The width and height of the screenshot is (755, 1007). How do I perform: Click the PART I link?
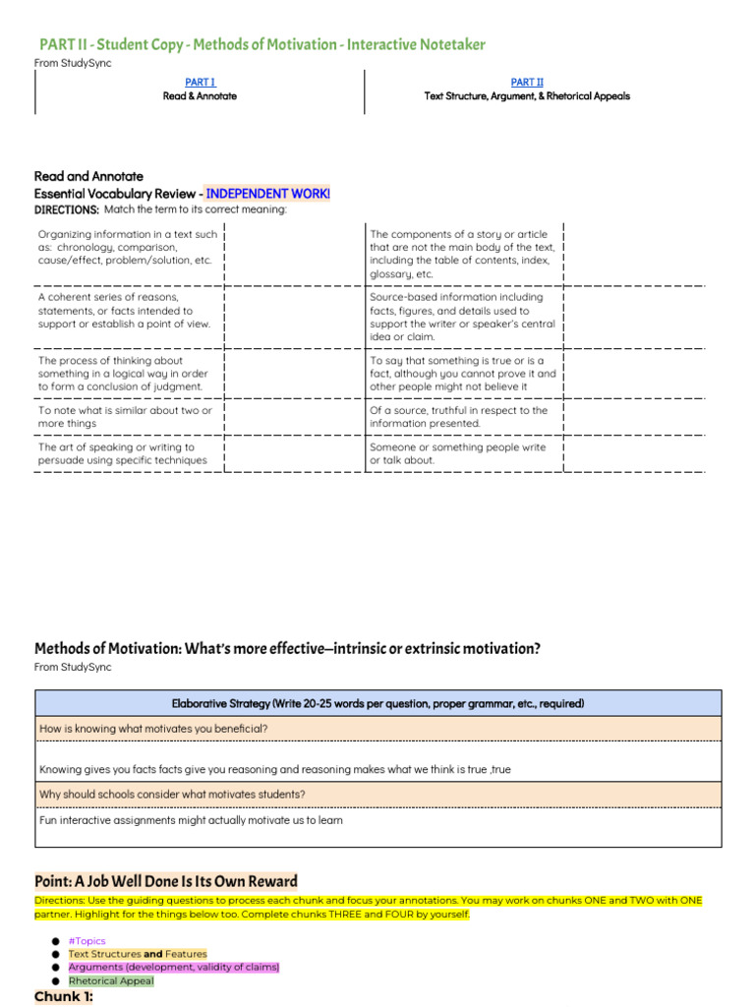click(x=200, y=83)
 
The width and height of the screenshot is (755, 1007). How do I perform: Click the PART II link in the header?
click(x=527, y=83)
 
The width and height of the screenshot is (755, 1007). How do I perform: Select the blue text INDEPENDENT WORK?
click(x=267, y=194)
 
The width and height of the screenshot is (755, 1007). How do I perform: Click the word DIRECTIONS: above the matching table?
click(x=66, y=209)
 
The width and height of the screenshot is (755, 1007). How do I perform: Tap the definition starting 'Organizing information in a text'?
click(x=128, y=248)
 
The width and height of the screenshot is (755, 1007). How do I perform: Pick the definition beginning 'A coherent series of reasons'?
click(x=124, y=310)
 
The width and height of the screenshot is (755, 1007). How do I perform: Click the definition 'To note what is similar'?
click(x=124, y=417)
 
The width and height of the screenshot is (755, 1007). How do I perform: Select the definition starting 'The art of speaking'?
click(x=123, y=453)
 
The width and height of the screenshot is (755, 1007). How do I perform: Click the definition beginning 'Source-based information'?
click(x=462, y=317)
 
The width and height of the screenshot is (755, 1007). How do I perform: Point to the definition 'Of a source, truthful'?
click(x=458, y=417)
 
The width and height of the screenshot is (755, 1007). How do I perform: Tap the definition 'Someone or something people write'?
click(x=457, y=453)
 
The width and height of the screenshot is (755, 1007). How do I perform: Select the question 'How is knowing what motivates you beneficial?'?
click(x=153, y=729)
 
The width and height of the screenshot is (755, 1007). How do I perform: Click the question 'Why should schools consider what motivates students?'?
click(x=172, y=794)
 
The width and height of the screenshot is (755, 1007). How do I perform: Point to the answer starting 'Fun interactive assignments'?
click(x=191, y=820)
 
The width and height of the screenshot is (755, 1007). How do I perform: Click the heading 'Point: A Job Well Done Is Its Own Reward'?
click(x=166, y=881)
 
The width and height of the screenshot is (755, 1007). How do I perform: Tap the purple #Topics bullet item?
click(x=87, y=941)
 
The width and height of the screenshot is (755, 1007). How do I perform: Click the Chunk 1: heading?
click(x=64, y=997)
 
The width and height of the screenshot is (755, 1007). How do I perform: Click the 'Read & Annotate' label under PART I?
click(x=200, y=96)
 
